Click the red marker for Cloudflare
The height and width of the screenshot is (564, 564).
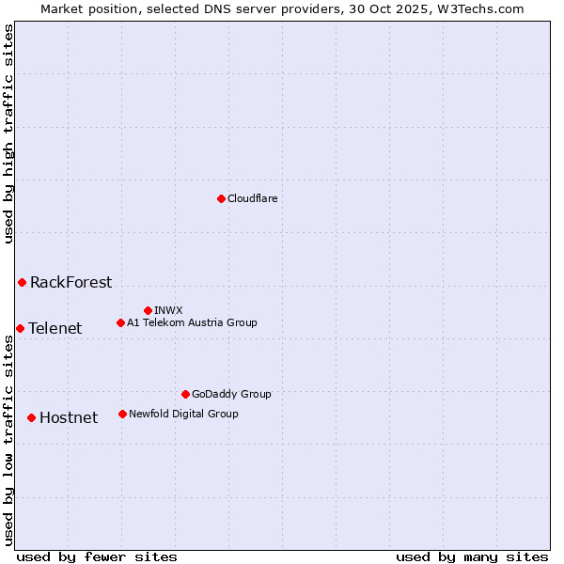(x=221, y=198)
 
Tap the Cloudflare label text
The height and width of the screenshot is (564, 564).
(x=252, y=198)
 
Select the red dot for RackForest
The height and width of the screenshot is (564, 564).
(x=22, y=282)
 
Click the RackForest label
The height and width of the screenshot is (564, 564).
(x=70, y=282)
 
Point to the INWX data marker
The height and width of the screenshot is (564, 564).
(x=148, y=310)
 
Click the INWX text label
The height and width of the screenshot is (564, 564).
(x=168, y=310)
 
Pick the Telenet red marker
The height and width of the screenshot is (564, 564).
(x=20, y=328)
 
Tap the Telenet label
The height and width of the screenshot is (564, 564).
(x=55, y=328)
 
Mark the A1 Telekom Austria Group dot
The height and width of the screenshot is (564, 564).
(x=120, y=322)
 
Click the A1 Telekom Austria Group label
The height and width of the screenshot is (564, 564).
(x=192, y=322)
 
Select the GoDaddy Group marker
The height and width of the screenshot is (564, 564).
(x=185, y=394)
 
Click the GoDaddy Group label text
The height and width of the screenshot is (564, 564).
(x=231, y=394)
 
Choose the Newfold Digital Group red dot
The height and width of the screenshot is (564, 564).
(x=122, y=414)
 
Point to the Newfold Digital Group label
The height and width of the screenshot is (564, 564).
(x=183, y=414)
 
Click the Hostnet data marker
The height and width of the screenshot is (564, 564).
(x=31, y=417)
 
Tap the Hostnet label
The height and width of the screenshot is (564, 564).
(x=69, y=417)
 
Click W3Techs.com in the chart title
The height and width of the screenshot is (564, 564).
(x=486, y=8)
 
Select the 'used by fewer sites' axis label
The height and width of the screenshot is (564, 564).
(x=97, y=556)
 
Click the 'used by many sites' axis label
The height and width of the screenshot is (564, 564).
(x=472, y=556)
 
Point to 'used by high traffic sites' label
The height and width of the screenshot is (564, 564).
(x=8, y=133)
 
